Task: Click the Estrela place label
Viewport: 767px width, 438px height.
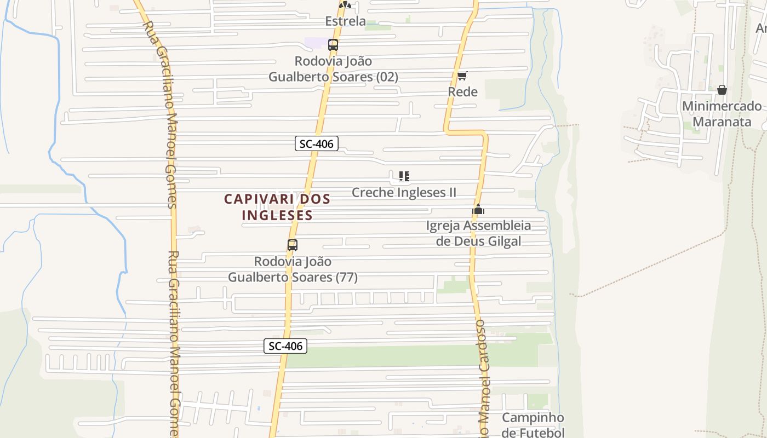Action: click(x=345, y=21)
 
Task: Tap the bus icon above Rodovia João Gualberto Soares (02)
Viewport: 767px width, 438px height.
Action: click(x=333, y=45)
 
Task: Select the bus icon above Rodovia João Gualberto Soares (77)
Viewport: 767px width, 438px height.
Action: click(x=293, y=245)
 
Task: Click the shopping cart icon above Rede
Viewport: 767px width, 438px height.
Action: click(x=462, y=76)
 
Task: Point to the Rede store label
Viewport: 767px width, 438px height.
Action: click(x=463, y=91)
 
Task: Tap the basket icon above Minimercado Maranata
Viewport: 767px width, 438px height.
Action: click(x=722, y=89)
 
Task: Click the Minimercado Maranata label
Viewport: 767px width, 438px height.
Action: click(x=722, y=113)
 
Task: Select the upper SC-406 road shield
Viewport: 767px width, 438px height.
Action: click(x=316, y=144)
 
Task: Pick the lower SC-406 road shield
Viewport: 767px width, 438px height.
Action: click(x=285, y=346)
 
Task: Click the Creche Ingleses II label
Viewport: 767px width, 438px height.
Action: click(x=404, y=192)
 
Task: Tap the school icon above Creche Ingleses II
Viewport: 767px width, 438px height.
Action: click(x=404, y=176)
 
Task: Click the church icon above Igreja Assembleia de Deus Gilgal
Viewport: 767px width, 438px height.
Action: click(x=478, y=209)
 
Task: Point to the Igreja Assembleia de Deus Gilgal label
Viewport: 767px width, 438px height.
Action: click(x=478, y=233)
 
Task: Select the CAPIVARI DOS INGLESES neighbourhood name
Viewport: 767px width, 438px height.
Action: click(x=277, y=206)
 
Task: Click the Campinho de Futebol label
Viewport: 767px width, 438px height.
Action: click(x=533, y=425)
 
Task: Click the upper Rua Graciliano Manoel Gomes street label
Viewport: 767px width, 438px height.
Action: click(x=164, y=115)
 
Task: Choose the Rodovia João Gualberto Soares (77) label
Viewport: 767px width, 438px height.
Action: click(x=293, y=269)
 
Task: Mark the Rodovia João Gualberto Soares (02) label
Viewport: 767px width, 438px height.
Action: click(x=333, y=69)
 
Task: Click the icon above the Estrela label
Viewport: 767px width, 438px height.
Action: click(x=345, y=5)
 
